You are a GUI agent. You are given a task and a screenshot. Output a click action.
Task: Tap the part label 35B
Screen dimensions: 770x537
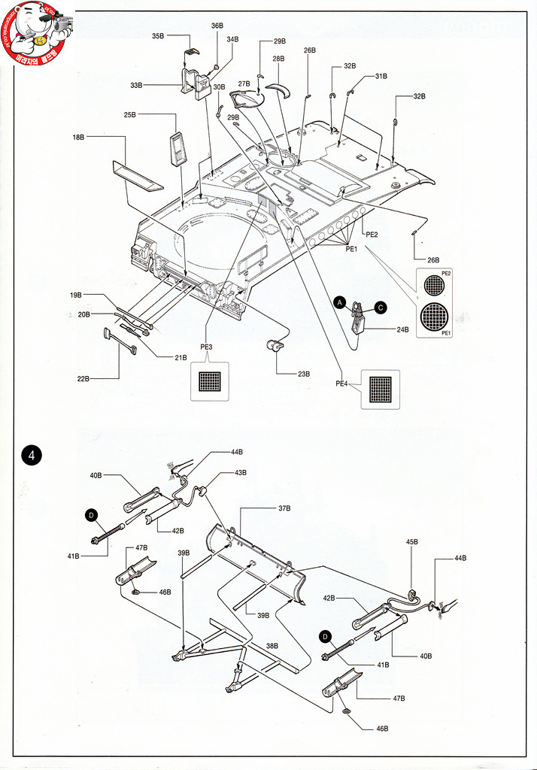pyautogui.click(x=158, y=36)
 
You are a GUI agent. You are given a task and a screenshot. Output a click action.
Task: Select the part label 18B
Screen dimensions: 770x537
pyautogui.click(x=79, y=138)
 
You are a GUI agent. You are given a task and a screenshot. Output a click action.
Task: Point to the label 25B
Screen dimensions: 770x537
pyautogui.click(x=130, y=115)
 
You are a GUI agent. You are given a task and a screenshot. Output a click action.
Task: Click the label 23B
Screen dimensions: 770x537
pyautogui.click(x=304, y=373)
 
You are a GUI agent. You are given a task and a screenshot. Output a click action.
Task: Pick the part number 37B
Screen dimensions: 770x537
pyautogui.click(x=284, y=509)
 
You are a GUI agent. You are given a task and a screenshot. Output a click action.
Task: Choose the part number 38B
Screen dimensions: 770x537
pyautogui.click(x=272, y=646)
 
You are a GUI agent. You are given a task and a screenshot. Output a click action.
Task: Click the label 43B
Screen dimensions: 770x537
pyautogui.click(x=241, y=472)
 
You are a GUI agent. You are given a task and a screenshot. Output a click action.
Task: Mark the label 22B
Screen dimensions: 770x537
pyautogui.click(x=83, y=378)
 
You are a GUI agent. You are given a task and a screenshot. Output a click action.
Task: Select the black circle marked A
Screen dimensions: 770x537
pyautogui.click(x=340, y=302)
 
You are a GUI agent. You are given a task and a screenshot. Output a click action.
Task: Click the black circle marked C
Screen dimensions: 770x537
pyautogui.click(x=381, y=307)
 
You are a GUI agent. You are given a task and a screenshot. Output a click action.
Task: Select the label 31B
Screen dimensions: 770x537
pyautogui.click(x=381, y=76)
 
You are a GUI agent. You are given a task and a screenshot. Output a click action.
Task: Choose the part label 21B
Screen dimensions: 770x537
pyautogui.click(x=181, y=357)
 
